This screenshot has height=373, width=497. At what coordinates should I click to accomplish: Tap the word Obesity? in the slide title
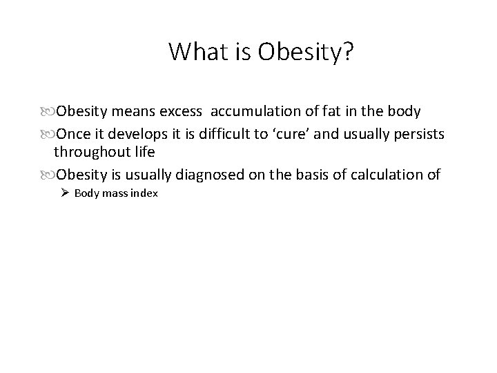click(x=310, y=52)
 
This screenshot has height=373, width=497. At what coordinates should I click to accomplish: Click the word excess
click(x=181, y=112)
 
